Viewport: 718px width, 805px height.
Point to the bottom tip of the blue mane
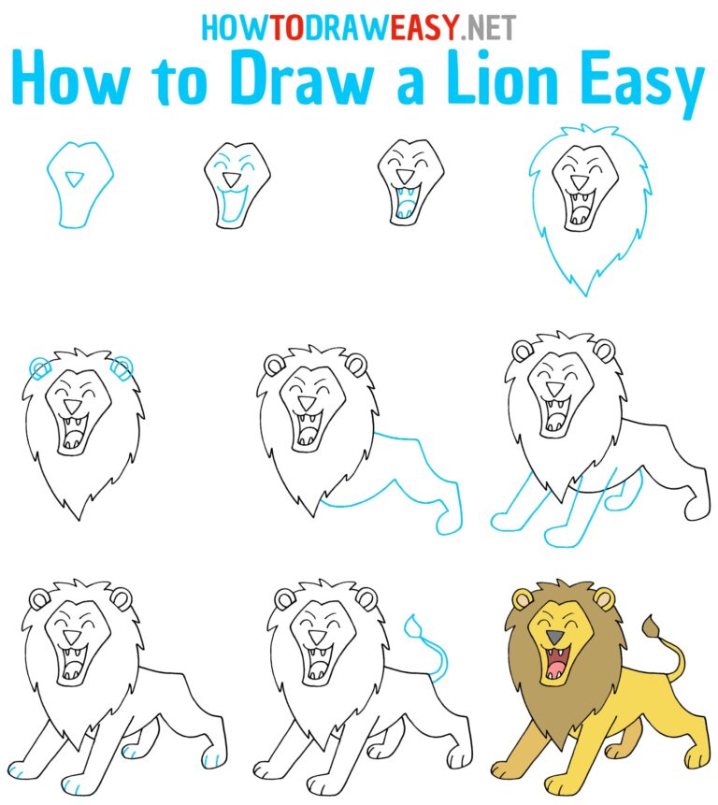pyautogui.click(x=586, y=293)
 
